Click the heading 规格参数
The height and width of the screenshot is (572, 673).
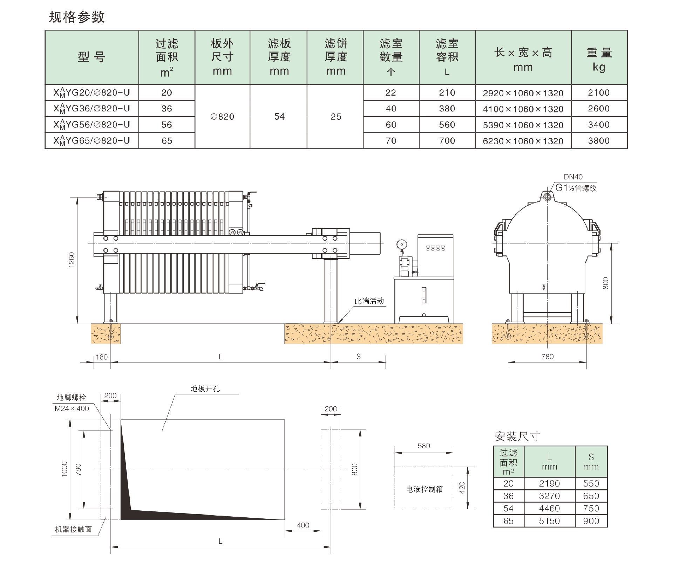click(77, 17)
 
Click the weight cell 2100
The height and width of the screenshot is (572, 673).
click(599, 93)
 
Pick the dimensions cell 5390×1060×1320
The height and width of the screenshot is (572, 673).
click(523, 125)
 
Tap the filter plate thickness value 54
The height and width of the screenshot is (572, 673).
click(279, 117)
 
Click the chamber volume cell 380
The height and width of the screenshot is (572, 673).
click(447, 109)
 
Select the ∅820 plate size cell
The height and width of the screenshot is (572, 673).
click(222, 117)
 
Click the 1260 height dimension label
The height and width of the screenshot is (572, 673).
click(72, 260)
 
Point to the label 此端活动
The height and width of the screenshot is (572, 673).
click(369, 301)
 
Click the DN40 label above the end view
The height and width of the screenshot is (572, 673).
click(573, 177)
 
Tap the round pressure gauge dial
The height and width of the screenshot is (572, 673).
click(401, 244)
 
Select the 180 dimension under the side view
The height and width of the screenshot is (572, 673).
click(102, 357)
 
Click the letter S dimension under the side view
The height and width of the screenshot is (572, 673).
click(358, 357)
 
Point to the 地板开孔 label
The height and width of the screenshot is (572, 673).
click(205, 388)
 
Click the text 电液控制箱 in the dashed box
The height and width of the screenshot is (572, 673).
click(424, 489)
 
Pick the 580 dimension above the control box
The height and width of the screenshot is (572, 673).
click(424, 446)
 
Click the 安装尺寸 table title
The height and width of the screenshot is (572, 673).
click(517, 436)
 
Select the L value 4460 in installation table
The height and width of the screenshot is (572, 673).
click(549, 508)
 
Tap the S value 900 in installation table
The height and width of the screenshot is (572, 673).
click(591, 521)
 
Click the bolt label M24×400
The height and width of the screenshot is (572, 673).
click(72, 408)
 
